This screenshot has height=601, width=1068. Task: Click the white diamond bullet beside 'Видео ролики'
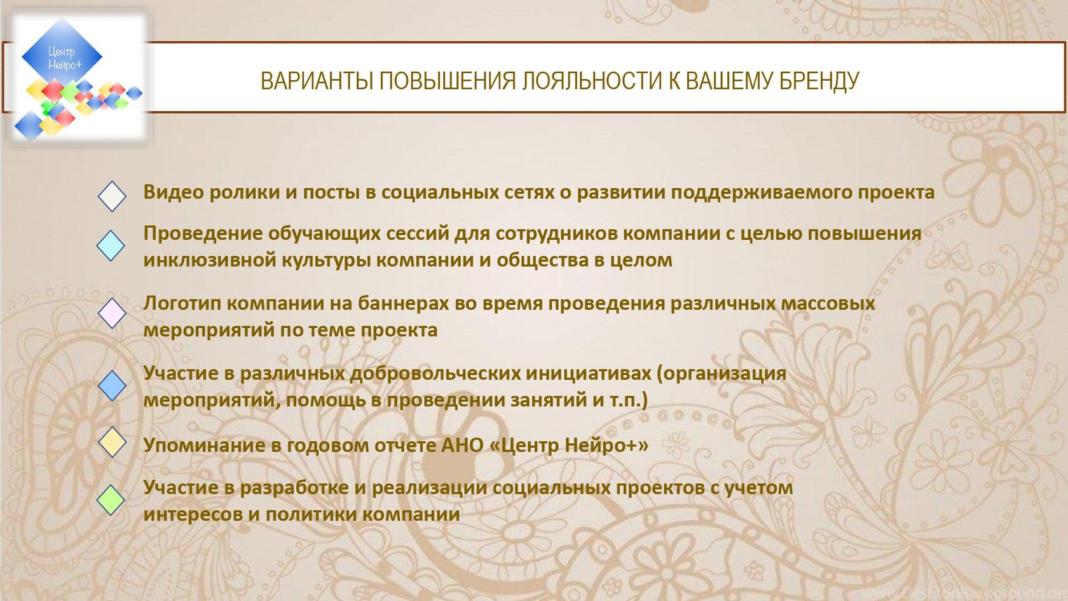112,196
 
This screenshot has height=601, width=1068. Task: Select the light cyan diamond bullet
111,245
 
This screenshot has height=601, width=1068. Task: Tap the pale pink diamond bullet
112,314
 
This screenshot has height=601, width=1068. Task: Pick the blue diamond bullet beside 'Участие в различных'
112,385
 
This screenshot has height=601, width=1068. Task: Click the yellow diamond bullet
112,442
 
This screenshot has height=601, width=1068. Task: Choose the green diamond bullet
111,500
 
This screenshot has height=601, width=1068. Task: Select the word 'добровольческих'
435,373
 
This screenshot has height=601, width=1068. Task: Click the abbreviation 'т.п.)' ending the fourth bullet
629,399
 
